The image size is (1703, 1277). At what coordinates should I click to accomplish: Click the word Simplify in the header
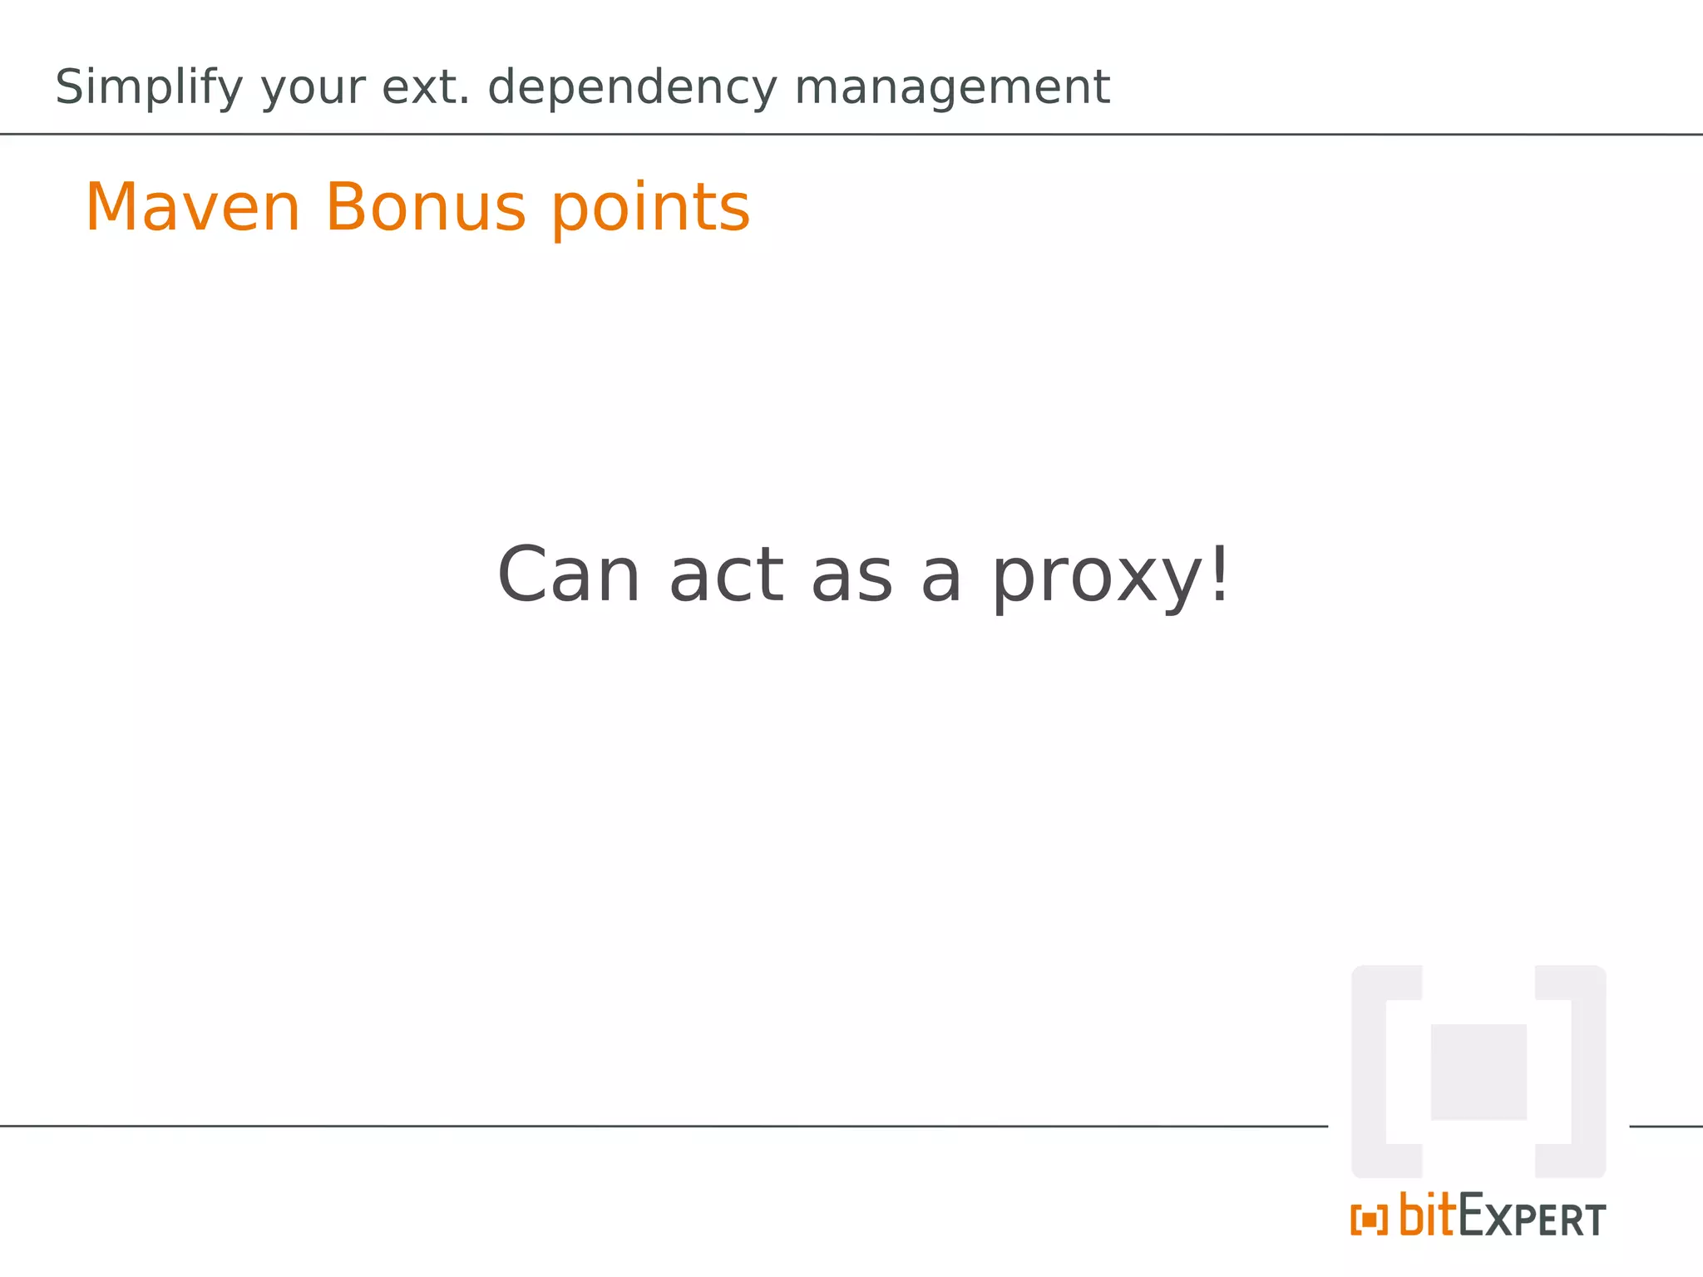coord(149,87)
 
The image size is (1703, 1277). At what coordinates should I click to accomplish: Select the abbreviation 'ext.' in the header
coord(426,86)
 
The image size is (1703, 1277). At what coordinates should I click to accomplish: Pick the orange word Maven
coord(192,207)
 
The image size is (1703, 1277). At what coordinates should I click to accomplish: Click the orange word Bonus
coord(425,207)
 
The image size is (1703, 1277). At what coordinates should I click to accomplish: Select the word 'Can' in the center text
coord(569,575)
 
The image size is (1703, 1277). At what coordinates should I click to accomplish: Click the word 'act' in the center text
coord(726,575)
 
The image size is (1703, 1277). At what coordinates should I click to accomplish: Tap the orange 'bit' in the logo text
coord(1428,1215)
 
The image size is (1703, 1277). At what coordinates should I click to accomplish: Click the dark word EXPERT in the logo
coord(1533,1219)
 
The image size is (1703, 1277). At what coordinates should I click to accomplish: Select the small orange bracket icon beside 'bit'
coord(1369,1220)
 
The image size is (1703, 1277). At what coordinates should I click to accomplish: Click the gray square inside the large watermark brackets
coord(1478,1072)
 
